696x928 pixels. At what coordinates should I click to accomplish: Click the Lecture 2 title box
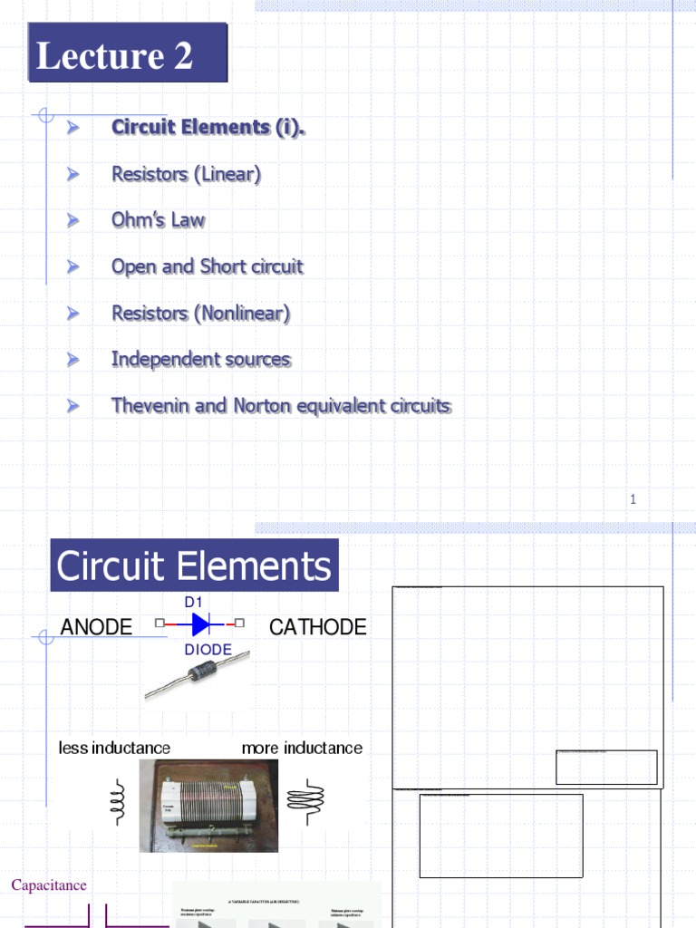(127, 55)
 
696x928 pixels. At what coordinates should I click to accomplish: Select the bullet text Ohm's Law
(158, 220)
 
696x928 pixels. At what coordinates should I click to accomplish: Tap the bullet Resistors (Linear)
(186, 174)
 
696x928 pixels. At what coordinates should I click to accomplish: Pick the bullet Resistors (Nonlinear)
(200, 314)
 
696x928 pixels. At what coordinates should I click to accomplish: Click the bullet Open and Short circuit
(207, 266)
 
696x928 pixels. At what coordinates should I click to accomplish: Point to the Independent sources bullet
(200, 360)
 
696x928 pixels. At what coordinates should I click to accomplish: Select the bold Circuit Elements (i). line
(208, 128)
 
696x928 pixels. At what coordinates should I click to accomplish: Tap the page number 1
(633, 498)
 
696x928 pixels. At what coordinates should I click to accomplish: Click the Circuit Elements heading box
(194, 566)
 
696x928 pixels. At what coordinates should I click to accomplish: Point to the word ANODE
(96, 627)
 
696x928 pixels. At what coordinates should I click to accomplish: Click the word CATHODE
(318, 627)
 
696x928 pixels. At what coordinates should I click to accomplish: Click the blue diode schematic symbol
(200, 623)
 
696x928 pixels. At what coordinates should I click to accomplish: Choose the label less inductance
(114, 748)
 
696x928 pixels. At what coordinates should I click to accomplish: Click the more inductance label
(302, 748)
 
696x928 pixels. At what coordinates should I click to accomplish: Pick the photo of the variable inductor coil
(208, 805)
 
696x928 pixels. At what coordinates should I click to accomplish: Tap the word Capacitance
(49, 885)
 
